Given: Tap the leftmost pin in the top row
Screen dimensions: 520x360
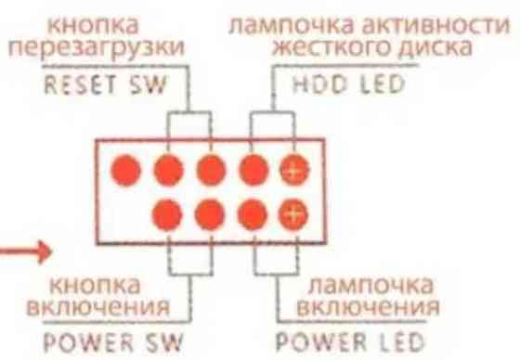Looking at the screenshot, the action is tap(125, 169).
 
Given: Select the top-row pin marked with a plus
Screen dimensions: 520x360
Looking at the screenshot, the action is tap(294, 169).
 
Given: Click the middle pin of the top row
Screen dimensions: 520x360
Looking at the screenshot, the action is tap(210, 169).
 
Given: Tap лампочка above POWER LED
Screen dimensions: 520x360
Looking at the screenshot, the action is tap(365, 282).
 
